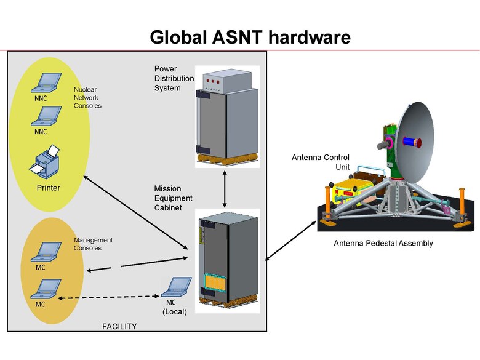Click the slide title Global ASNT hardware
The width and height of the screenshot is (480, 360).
(x=250, y=37)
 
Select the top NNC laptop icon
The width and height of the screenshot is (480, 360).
(x=47, y=82)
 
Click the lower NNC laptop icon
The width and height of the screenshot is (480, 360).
(x=47, y=116)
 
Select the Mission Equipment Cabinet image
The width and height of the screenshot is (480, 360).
(x=225, y=262)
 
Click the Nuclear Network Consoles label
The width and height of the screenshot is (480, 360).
(x=87, y=97)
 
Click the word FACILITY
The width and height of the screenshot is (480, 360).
(x=119, y=326)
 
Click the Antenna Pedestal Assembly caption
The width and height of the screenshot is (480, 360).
(x=383, y=243)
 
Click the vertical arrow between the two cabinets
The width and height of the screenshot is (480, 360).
(x=225, y=191)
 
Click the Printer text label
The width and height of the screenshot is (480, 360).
(x=49, y=188)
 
